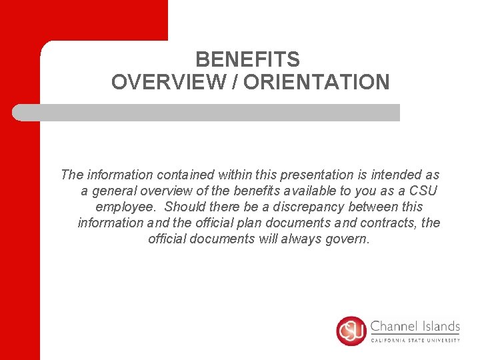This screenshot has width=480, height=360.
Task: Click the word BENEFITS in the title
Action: [247, 60]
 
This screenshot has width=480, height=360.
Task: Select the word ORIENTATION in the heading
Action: [317, 82]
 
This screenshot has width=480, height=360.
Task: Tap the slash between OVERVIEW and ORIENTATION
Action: [235, 82]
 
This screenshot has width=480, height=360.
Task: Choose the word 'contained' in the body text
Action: [185, 175]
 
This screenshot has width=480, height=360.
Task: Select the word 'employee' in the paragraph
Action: [125, 207]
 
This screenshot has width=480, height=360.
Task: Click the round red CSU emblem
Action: [351, 331]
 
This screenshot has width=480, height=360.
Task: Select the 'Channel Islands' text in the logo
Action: [415, 327]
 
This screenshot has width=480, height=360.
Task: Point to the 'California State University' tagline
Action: [415, 340]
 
